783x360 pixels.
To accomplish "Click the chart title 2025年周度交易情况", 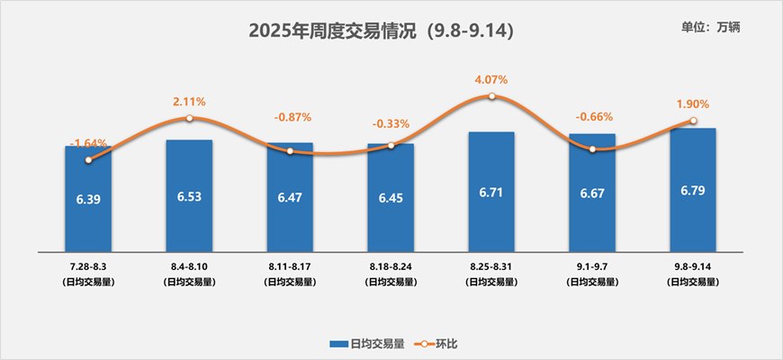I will click(381, 31).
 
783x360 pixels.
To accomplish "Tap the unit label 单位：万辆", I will click(711, 27).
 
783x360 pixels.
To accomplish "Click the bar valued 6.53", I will click(189, 195).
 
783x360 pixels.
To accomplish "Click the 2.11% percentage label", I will click(189, 101).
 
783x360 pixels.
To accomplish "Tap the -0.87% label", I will click(291, 117).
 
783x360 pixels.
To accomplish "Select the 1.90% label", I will click(693, 103).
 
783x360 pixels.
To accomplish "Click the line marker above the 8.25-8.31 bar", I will click(491, 95).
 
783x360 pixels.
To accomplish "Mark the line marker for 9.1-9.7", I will click(592, 148).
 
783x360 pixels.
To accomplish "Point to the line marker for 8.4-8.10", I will click(189, 118).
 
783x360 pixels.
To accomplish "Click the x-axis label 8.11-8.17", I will click(290, 267).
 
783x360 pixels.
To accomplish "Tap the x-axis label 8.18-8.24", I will click(391, 267).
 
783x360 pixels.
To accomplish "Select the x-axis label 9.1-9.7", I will click(592, 267).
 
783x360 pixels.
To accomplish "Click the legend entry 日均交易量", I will click(370, 344).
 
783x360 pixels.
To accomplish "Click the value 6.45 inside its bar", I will click(391, 196).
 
